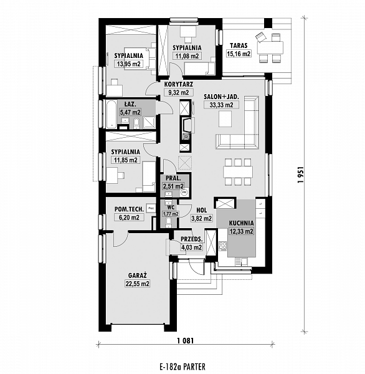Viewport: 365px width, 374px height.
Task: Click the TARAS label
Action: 239,46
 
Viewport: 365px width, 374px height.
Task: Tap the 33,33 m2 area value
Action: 222,105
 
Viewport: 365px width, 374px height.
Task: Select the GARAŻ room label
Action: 137,276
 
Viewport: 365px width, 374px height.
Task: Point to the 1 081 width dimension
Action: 186,340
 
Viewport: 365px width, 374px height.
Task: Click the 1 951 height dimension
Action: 301,175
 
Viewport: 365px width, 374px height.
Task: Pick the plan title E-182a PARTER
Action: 183,367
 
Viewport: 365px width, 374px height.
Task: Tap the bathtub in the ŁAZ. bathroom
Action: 111,115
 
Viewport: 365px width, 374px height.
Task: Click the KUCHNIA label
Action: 241,223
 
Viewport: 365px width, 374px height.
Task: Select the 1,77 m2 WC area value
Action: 171,214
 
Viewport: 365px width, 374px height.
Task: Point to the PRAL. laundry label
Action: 173,178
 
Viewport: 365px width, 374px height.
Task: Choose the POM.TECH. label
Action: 129,209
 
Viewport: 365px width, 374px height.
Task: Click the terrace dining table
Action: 270,48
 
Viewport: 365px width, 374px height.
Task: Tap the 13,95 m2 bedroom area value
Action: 129,64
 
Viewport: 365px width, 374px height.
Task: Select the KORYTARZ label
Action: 179,84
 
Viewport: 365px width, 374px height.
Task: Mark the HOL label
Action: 201,210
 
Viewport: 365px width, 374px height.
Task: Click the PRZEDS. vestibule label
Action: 192,239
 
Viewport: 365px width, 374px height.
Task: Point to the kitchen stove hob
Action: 222,246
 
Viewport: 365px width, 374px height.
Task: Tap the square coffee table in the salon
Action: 225,120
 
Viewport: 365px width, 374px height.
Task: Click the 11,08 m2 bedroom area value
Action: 187,56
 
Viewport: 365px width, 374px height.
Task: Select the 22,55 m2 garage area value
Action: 137,284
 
